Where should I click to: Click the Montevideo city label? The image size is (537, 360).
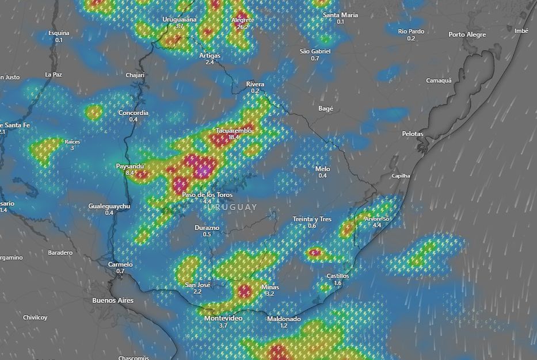(223, 318)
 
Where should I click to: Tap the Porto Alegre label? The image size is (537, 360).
(467, 35)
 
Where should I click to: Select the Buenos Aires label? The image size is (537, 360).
(113, 300)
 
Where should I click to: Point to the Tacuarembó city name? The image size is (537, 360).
(234, 131)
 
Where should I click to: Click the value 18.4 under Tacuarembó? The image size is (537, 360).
(234, 137)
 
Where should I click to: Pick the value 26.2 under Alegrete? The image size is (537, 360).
(242, 26)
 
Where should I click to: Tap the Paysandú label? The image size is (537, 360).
(130, 166)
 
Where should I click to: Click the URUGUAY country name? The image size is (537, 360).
(233, 207)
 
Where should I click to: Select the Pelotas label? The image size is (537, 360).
(413, 133)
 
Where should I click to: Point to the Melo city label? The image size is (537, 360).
(323, 168)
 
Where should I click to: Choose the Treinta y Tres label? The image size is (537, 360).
(312, 219)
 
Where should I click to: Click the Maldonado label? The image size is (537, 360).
(284, 319)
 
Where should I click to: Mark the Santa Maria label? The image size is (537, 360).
(340, 15)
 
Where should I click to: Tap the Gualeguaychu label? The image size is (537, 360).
(109, 206)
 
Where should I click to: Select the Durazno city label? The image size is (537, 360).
(207, 228)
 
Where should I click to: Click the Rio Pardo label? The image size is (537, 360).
(411, 32)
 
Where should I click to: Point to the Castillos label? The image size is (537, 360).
(338, 276)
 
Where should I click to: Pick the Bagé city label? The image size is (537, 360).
(326, 108)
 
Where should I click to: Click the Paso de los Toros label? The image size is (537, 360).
(208, 194)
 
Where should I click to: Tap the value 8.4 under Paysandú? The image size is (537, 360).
(130, 173)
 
